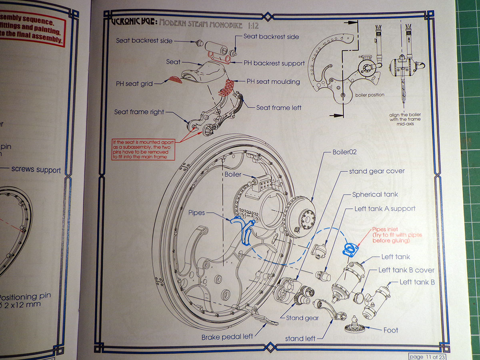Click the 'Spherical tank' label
(x=375, y=194)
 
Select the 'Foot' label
(x=391, y=330)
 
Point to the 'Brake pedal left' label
(x=227, y=336)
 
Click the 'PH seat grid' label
(x=133, y=84)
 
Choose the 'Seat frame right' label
(x=139, y=112)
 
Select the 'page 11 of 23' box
(x=426, y=356)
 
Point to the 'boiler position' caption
(x=370, y=95)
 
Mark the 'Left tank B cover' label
(x=406, y=270)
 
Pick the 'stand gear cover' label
(x=377, y=171)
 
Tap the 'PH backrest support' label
(x=274, y=63)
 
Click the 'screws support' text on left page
(x=36, y=170)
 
